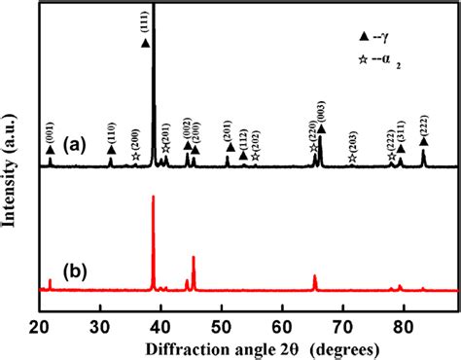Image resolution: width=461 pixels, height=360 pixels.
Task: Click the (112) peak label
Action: pyautogui.click(x=243, y=137)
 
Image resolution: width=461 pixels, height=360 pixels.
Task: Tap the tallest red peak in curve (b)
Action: pyautogui.click(x=153, y=199)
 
